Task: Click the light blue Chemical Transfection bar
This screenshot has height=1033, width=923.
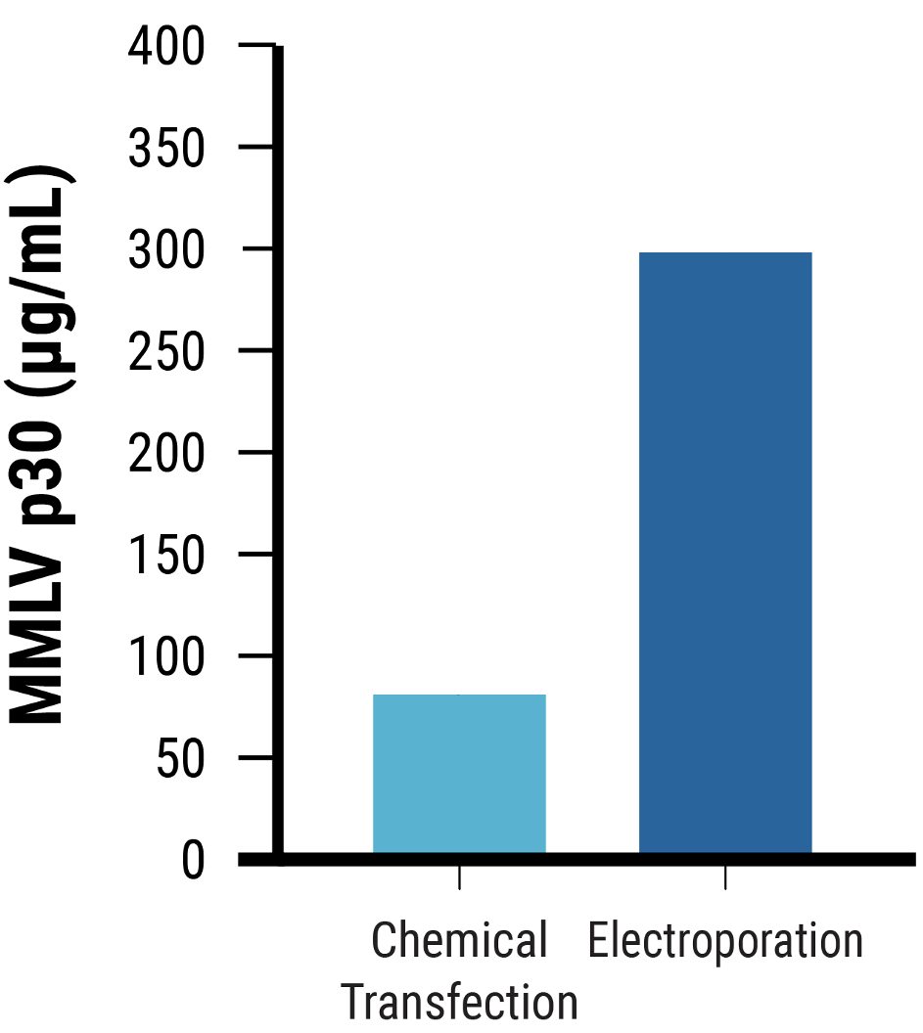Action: pos(459,773)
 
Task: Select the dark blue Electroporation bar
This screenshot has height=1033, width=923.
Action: pos(725,553)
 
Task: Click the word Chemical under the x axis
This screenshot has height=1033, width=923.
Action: pos(459,942)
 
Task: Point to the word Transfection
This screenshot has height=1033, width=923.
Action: pos(459,1003)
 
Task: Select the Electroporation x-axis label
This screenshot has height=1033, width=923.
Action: pos(725,942)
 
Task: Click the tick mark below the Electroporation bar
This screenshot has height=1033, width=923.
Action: pos(725,877)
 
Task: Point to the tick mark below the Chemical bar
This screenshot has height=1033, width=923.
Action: pos(459,877)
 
